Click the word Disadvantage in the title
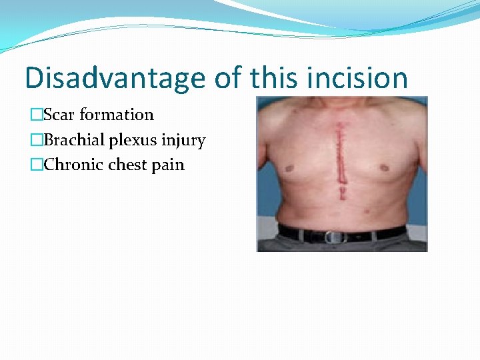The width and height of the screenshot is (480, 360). coord(115,79)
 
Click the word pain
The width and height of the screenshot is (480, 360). coord(168,165)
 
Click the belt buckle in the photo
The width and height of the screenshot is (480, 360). coord(333,237)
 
